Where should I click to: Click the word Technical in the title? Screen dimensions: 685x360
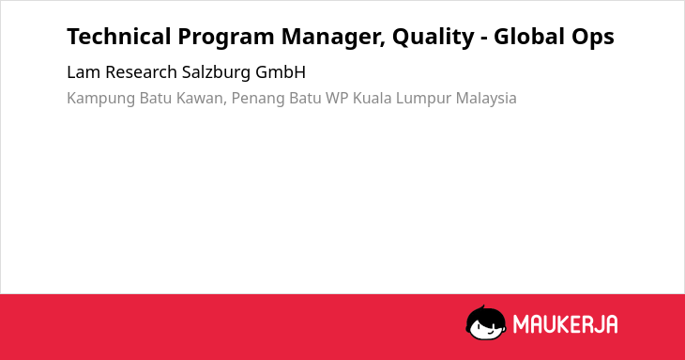[119, 37]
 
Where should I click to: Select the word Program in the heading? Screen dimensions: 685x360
[226, 38]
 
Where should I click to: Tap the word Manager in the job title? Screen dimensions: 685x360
[333, 38]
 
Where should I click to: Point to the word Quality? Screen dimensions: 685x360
[433, 38]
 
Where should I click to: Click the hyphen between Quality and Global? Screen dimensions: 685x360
[484, 39]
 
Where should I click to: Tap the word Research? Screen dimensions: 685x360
[141, 72]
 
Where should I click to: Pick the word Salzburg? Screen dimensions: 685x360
[216, 73]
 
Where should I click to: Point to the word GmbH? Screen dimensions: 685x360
[281, 72]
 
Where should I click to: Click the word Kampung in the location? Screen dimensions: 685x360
[101, 99]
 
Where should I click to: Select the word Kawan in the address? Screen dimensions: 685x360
[201, 99]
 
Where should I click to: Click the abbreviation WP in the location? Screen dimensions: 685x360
[337, 98]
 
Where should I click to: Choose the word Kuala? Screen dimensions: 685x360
[373, 98]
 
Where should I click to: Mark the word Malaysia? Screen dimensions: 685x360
[486, 99]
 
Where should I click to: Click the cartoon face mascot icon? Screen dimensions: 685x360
[486, 323]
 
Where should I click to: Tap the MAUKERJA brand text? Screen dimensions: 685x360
[565, 324]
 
